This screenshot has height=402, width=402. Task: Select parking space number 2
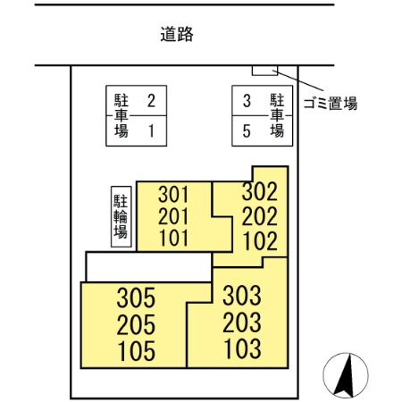point(151,101)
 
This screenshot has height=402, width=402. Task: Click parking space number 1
point(151,130)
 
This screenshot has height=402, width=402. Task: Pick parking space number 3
point(247,101)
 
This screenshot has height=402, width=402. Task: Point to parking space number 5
point(247,130)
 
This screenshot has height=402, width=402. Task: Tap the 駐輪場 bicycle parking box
point(120,215)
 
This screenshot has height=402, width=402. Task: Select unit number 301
point(174,194)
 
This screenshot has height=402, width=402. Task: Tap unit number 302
point(260,191)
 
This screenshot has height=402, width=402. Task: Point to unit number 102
point(260,239)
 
